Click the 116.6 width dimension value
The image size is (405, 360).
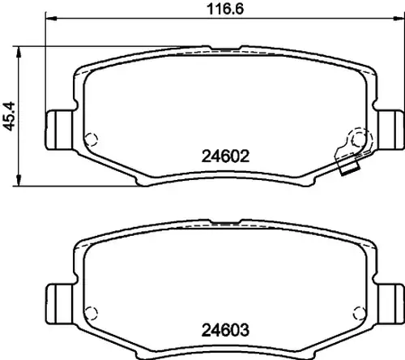point(225,9)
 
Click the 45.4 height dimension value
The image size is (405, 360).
point(9,116)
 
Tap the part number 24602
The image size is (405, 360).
point(225,156)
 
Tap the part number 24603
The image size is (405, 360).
point(225,330)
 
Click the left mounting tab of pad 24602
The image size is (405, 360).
point(59,130)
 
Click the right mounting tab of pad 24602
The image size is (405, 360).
point(391,130)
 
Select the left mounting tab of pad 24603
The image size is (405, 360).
point(59,303)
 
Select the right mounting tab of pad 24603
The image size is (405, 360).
point(391,303)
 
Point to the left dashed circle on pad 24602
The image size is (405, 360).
point(91,139)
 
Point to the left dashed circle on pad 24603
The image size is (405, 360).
point(91,313)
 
